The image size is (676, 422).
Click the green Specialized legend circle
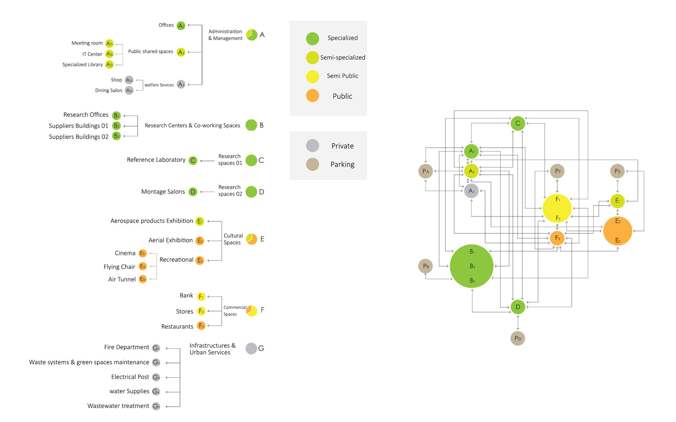312,39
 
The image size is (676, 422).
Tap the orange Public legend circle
312,96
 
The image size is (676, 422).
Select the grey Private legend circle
312,146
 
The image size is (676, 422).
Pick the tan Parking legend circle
312,164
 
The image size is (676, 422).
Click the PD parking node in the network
518,338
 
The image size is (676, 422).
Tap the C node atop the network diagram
518,123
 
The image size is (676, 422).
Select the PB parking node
425,266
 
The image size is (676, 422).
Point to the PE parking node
617,171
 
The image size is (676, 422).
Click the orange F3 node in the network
557,238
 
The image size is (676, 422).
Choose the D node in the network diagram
518,307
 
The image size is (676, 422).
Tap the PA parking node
425,171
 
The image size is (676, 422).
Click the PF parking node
557,171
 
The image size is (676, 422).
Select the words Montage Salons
163,192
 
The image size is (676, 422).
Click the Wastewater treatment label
118,406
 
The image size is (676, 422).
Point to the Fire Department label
127,347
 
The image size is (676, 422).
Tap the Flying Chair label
119,267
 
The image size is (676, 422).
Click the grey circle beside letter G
251,348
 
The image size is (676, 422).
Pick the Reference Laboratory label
156,160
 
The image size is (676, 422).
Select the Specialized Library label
82,65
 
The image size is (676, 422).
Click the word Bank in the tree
186,295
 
